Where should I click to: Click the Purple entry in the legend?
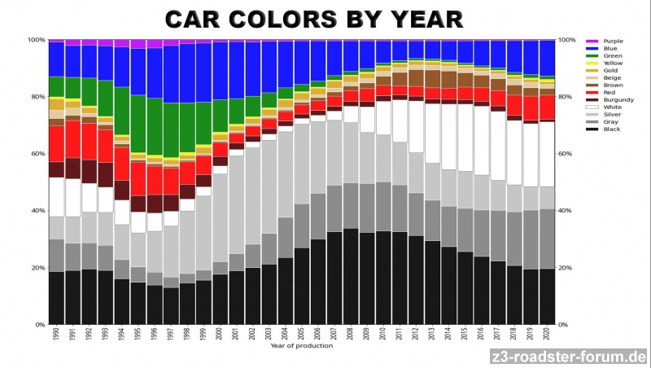pos(613,41)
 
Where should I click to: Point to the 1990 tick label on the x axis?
pos(56,336)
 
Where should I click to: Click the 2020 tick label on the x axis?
pos(547,336)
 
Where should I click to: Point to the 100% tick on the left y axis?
pos(36,40)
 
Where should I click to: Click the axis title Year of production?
pos(301,347)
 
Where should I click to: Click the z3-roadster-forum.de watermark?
pos(569,357)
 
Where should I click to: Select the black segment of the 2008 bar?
pos(351,277)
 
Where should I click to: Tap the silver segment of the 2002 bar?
pos(252,195)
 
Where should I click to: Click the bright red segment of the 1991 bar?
pos(72,139)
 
